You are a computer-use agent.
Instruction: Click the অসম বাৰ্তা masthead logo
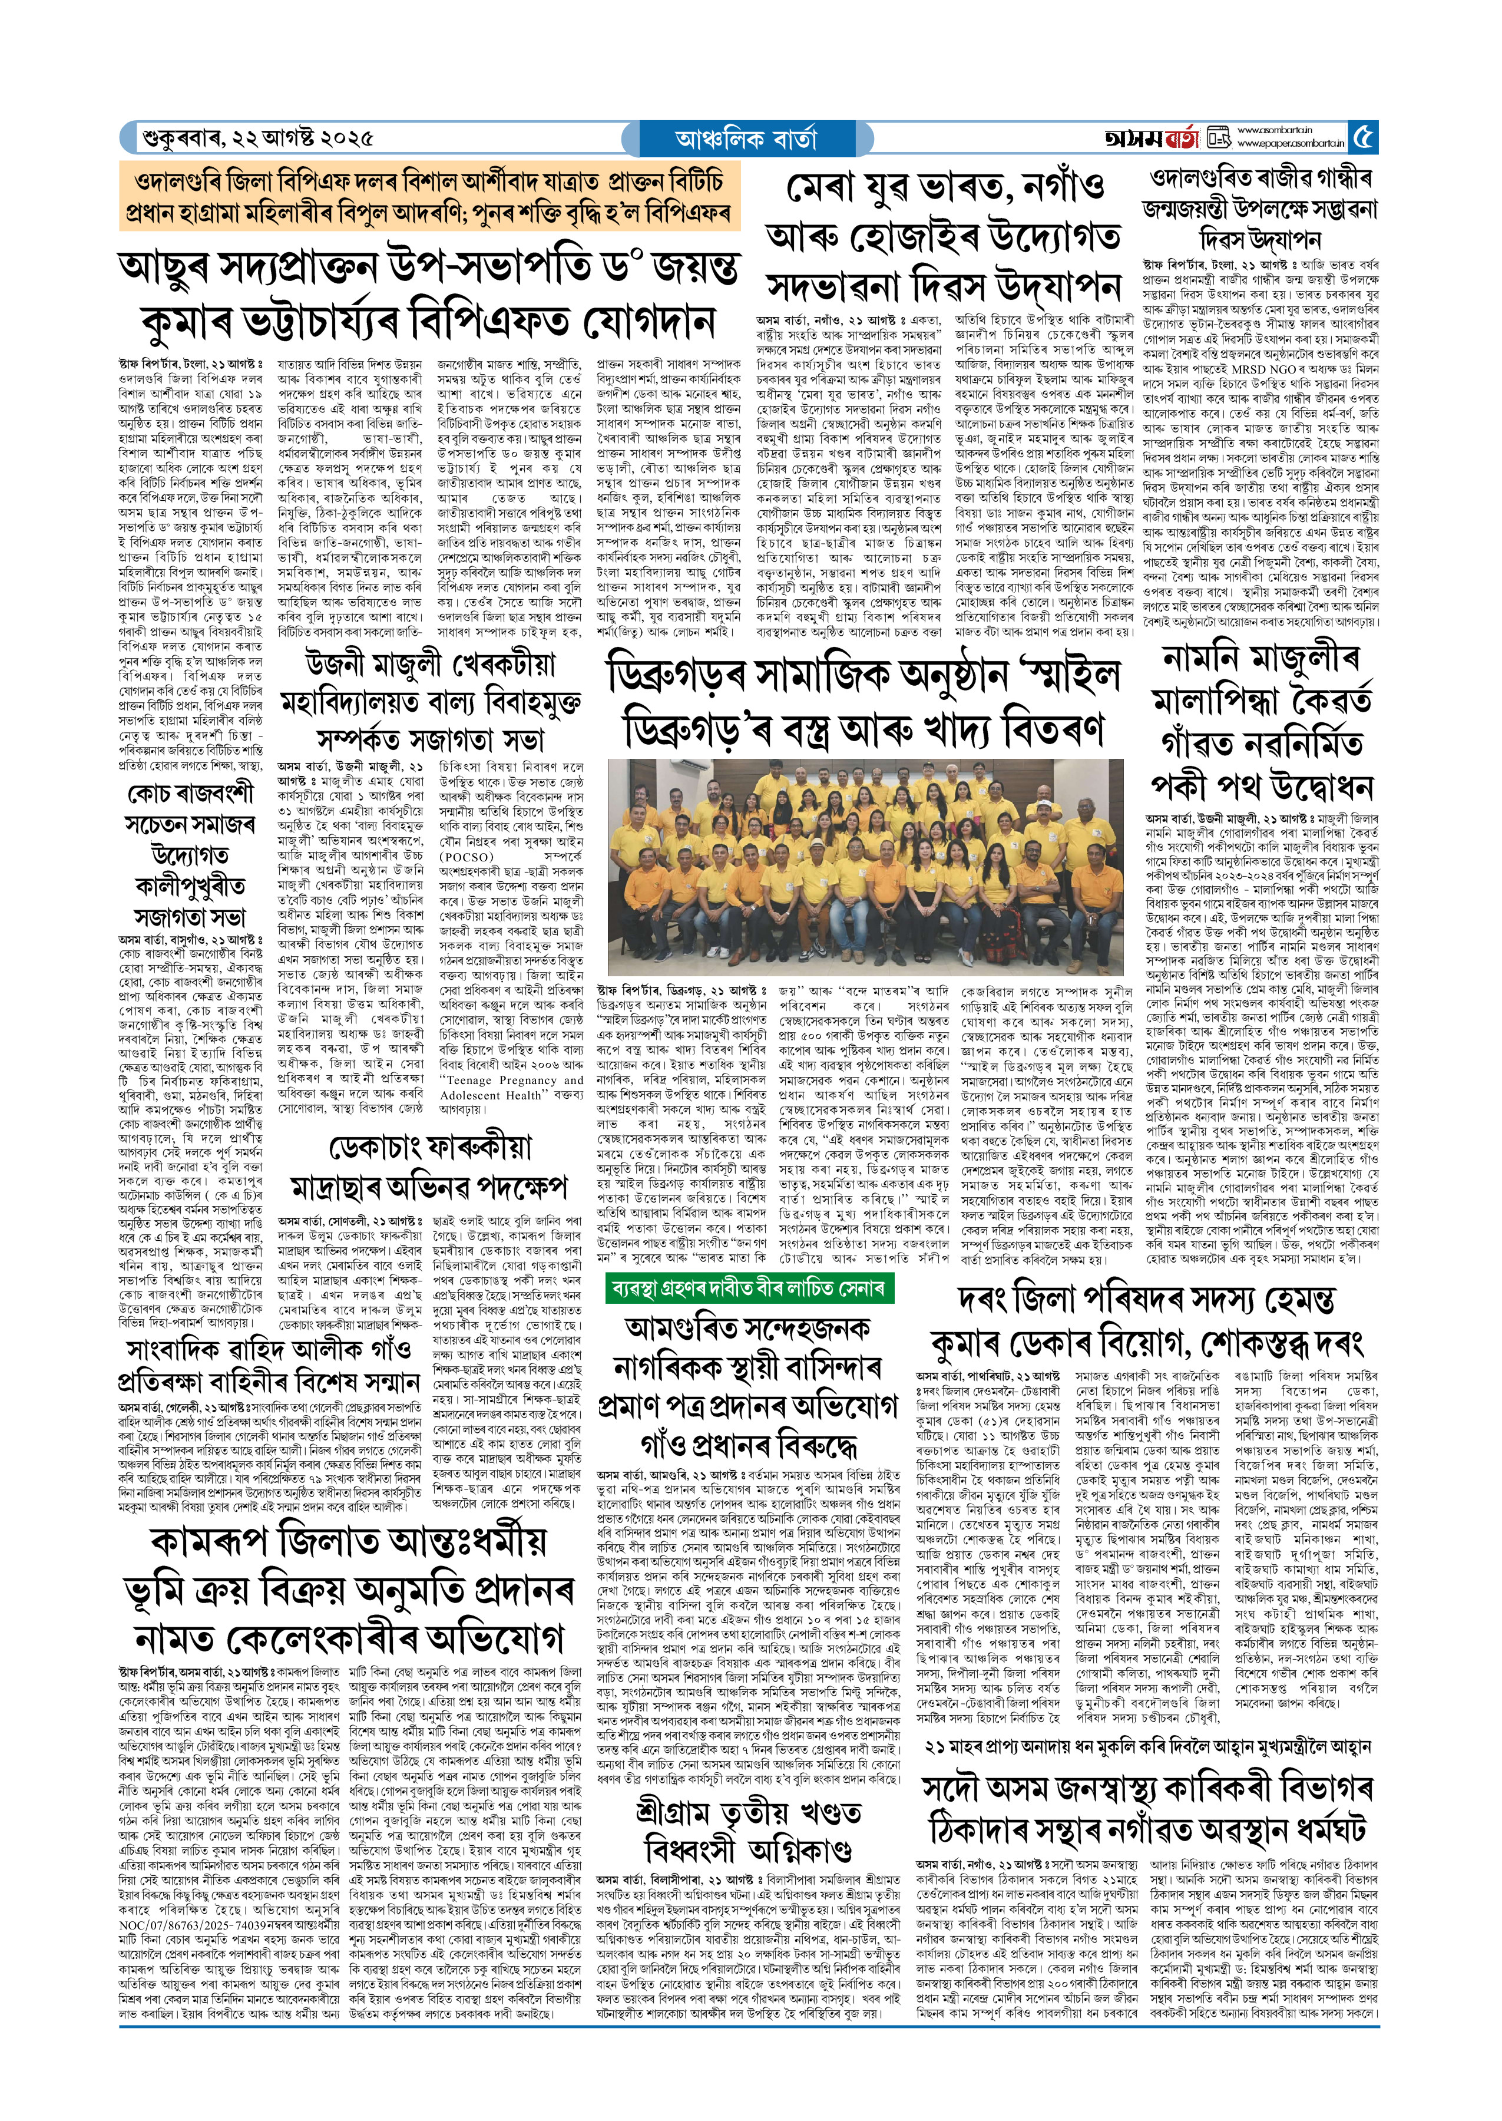point(1150,138)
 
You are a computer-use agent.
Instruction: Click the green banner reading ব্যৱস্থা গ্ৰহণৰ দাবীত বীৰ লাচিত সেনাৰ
point(750,1287)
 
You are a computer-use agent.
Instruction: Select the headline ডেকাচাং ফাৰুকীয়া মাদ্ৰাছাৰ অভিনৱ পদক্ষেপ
point(430,1167)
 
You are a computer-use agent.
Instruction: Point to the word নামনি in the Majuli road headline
point(1202,659)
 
